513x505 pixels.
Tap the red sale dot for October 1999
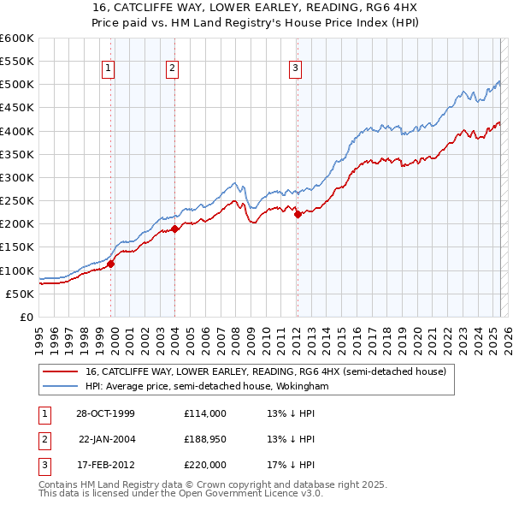[111, 264]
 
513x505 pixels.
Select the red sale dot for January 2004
[174, 229]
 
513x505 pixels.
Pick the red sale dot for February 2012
[298, 215]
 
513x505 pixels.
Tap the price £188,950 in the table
[205, 439]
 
